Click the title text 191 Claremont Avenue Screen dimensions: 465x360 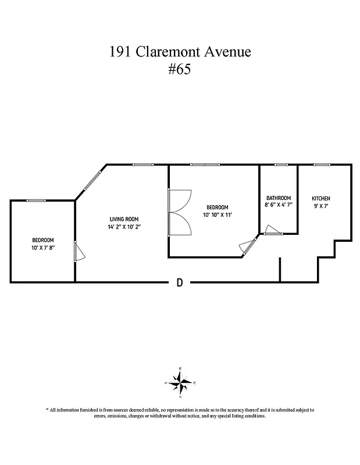180,52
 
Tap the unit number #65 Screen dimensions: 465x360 179,70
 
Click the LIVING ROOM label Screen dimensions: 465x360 122,219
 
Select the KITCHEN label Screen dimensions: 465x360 321,198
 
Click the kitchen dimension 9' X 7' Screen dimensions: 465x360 321,205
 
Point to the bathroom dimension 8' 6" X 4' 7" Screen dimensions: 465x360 278,205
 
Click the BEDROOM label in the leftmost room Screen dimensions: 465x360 43,241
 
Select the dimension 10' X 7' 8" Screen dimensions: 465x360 43,248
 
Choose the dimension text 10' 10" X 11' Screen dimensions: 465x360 218,215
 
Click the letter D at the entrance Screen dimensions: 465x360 180,283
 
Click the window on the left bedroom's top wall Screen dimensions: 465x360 36,201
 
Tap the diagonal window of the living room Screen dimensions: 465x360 91,179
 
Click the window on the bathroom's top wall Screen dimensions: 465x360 281,165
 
